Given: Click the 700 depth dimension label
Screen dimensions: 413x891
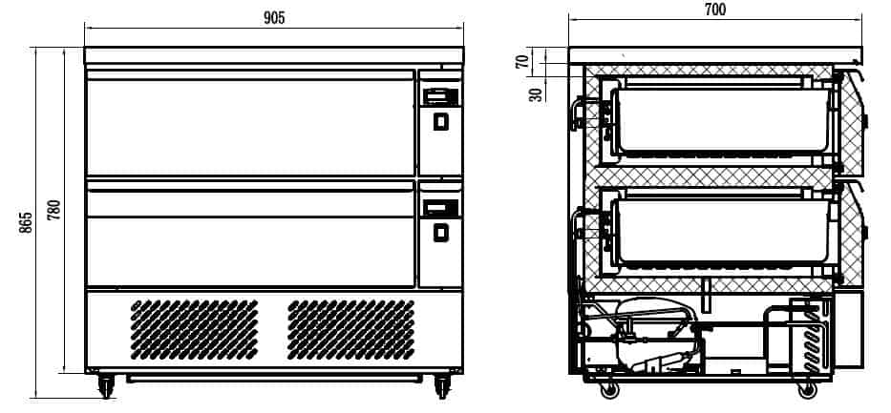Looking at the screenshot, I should point(714,10).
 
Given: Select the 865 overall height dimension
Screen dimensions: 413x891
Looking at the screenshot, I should point(26,221).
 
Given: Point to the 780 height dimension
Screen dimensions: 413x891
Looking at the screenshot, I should point(53,209).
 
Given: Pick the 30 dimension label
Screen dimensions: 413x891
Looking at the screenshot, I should point(536,93).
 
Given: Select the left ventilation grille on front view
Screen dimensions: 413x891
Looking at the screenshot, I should point(194,329).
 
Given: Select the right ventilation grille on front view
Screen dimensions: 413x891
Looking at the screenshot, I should point(350,329).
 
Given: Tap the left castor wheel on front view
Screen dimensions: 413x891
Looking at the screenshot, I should point(105,385).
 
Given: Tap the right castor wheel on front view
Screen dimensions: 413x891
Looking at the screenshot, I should point(442,385).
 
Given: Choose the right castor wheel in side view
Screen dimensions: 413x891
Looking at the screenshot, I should point(807,387).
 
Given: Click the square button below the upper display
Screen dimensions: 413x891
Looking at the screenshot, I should point(440,121).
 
